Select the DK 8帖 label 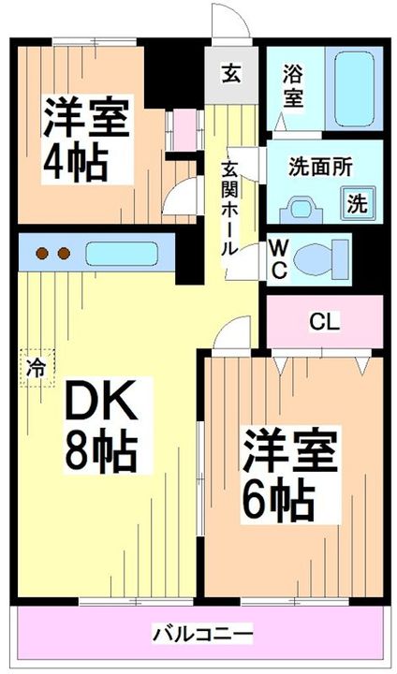click(x=101, y=425)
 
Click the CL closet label click(x=325, y=323)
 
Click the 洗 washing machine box click(x=358, y=201)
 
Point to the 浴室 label click(x=293, y=83)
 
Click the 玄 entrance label click(x=229, y=72)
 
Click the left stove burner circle click(x=41, y=253)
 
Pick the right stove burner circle click(x=64, y=253)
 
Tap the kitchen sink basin click(x=122, y=254)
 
